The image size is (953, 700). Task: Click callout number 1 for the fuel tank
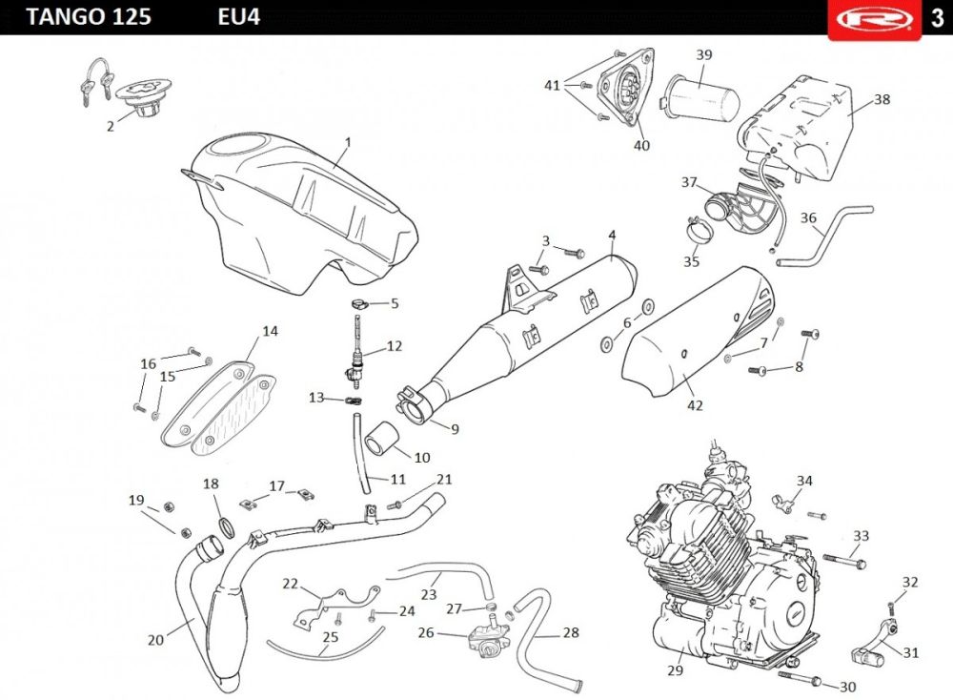(x=348, y=142)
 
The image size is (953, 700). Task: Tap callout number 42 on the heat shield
(x=695, y=405)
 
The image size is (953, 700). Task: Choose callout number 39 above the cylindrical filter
(x=704, y=54)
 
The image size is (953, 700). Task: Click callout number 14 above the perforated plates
(x=271, y=332)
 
